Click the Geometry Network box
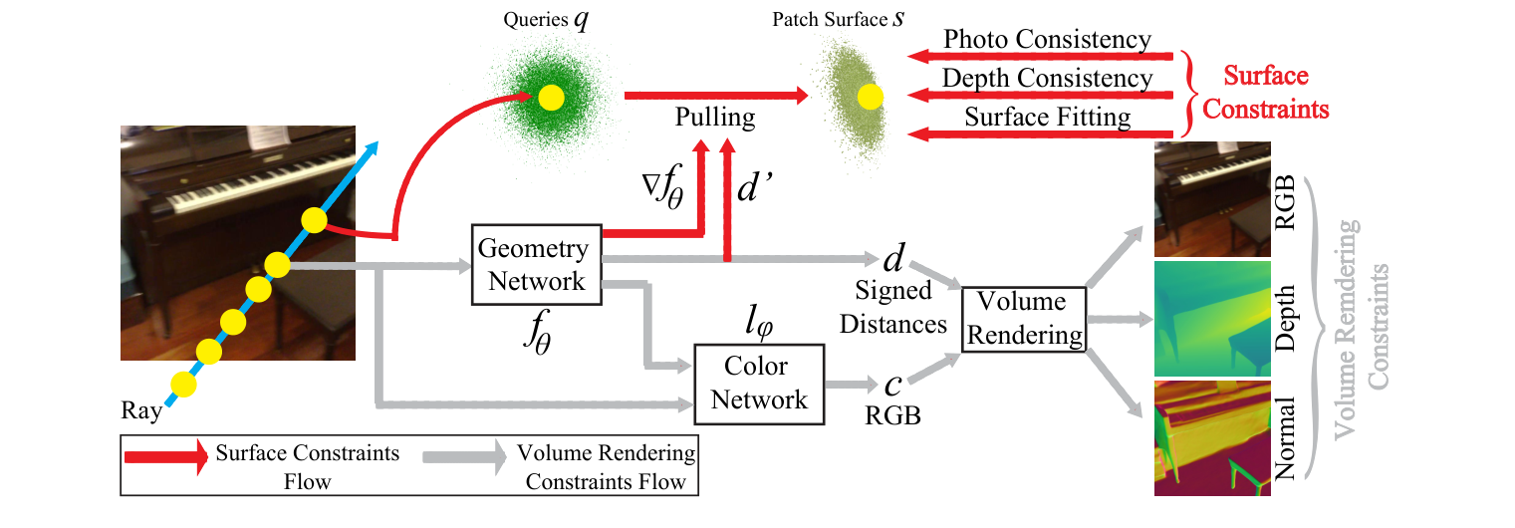(x=536, y=265)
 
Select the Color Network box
(x=759, y=383)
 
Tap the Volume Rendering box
(x=1023, y=319)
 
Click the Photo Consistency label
(x=1047, y=40)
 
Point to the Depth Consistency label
(x=1047, y=79)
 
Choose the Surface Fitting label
(x=1047, y=118)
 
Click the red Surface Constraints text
(x=1265, y=92)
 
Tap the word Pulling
(x=714, y=118)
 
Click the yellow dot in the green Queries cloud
(x=551, y=97)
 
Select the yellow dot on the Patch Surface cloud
(x=870, y=97)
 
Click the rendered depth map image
(x=1212, y=319)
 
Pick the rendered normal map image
(x=1212, y=437)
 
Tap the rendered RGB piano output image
(x=1212, y=199)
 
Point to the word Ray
(x=140, y=410)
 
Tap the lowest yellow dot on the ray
(x=182, y=384)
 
